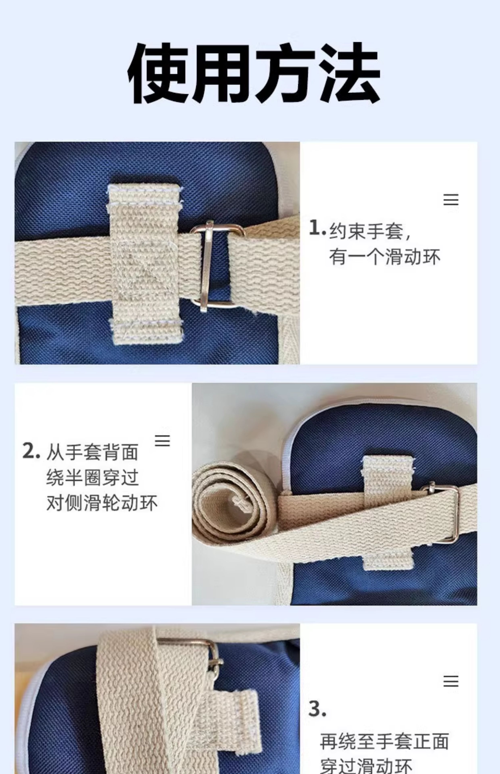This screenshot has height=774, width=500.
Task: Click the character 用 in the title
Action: coord(221,73)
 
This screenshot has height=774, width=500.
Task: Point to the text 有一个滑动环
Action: coord(385,257)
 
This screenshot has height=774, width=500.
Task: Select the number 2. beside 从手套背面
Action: coord(31,451)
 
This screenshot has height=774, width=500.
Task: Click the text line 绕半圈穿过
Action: coord(93,478)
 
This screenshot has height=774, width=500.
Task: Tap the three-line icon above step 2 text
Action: coord(162,440)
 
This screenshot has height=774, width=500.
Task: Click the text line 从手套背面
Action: coord(93,452)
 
